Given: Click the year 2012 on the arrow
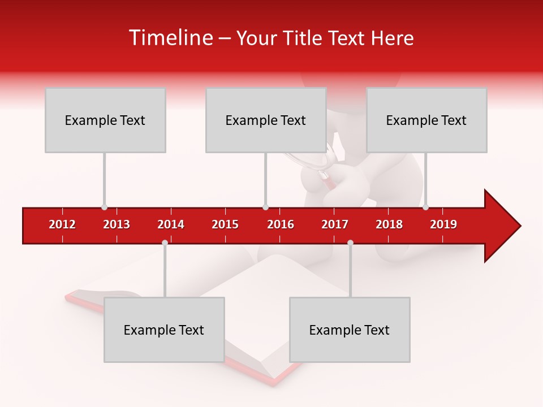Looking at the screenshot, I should coord(62,224).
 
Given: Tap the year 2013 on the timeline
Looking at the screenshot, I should coord(117,224).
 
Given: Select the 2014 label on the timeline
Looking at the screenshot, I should coord(171,224).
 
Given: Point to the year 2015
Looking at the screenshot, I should coord(225,224).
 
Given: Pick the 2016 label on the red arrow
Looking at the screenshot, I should coord(281,224).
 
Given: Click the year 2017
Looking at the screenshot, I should coord(335,224).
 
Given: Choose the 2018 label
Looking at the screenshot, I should coord(389,224).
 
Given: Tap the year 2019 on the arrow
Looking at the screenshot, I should coord(443,224).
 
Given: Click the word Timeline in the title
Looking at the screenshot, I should coord(170,38).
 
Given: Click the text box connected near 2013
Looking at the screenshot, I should coord(105,120).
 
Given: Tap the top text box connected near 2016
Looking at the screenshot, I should coord(266,120).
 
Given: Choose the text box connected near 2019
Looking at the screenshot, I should coord(426,120).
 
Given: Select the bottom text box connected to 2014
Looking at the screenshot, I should coord(164,330).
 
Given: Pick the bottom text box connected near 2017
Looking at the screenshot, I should coord(350,330).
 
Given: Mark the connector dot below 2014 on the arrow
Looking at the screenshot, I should coord(165,243).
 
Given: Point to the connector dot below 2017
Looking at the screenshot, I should coord(350,243).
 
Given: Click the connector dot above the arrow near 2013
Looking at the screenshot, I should coord(104,207).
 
